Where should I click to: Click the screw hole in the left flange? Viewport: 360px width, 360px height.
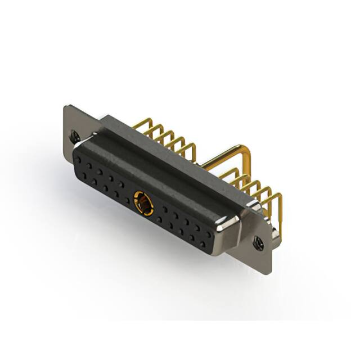(x=74, y=135)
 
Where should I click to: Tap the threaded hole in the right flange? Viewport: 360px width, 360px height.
(x=258, y=243)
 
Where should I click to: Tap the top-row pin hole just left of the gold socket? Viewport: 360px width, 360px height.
(x=121, y=184)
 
